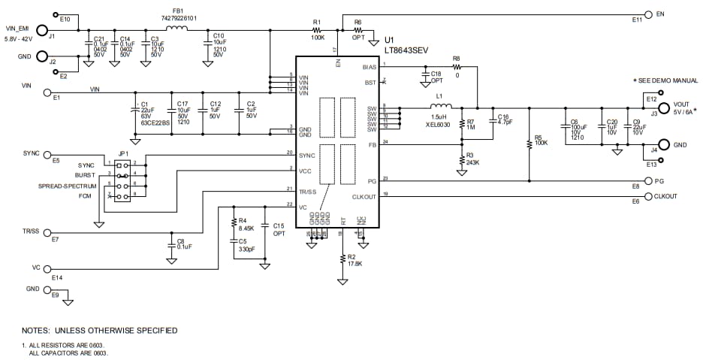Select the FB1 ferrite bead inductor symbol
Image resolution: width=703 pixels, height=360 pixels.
[x=177, y=30]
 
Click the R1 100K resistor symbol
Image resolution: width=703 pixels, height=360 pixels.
[x=318, y=30]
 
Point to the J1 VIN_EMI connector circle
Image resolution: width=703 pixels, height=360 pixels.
[x=41, y=35]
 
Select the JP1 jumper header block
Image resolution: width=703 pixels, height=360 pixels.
[x=120, y=180]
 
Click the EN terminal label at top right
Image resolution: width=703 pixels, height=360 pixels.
[x=660, y=14]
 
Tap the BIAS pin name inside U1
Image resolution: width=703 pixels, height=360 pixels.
[x=369, y=67]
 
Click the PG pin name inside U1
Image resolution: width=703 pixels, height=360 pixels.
[x=372, y=180]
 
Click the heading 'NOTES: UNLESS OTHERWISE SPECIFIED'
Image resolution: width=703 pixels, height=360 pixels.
[x=99, y=330]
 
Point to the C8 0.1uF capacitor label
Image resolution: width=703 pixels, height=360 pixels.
[x=185, y=242]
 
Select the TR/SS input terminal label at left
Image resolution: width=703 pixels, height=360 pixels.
[x=31, y=231]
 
